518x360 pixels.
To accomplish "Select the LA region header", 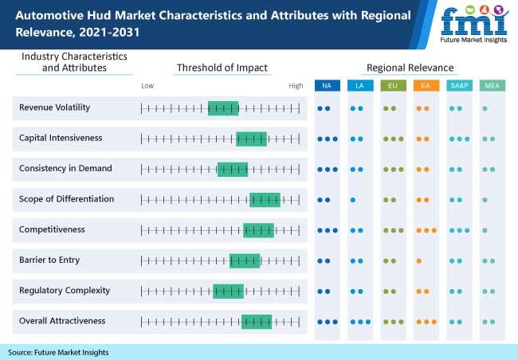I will pos(360,85).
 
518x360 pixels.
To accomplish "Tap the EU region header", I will pos(393,85).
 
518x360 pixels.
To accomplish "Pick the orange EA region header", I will pos(426,85).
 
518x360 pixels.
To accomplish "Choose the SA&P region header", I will pos(459,85).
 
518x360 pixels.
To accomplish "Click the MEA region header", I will pos(492,85).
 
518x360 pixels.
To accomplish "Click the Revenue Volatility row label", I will pos(55,108).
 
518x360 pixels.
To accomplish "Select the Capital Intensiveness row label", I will pos(61,138).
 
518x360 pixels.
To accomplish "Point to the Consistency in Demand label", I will pos(65,168).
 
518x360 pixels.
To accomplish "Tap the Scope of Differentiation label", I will pos(67,199).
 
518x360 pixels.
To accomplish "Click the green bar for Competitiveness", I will pos(258,230).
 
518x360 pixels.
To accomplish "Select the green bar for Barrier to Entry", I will pos(245,260).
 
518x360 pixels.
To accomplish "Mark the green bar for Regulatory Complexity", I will pos(228,291).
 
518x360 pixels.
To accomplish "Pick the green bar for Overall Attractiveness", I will pos(257,322).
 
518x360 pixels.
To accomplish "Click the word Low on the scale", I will pos(147,85).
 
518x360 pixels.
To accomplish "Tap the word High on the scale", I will pos(296,85).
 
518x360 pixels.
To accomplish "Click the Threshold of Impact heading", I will pos(222,68).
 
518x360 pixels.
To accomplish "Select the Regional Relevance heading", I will pos(410,68).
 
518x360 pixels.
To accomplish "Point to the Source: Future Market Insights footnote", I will pos(58,352).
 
